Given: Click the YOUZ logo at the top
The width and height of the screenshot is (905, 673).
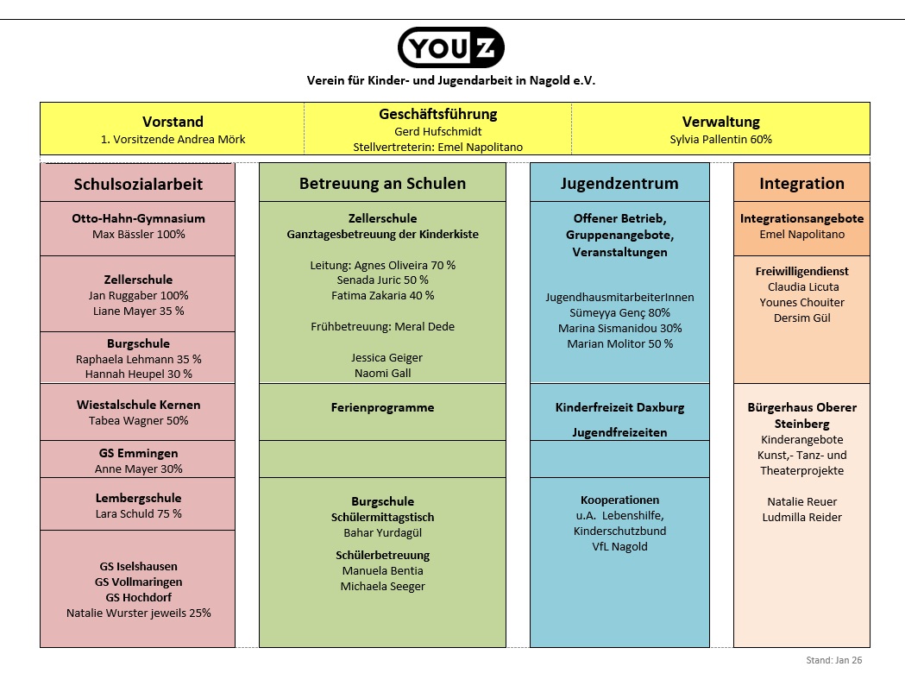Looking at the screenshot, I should click(x=451, y=47).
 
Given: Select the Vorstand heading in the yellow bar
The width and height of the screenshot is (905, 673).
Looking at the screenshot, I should click(x=173, y=122).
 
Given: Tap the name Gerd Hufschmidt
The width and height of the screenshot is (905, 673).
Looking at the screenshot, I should click(x=437, y=131).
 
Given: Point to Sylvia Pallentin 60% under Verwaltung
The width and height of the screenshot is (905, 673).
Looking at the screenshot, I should click(x=720, y=139).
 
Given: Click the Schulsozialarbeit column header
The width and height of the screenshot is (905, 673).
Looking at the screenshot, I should click(x=138, y=184).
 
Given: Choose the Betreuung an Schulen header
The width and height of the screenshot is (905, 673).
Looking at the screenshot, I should click(x=382, y=183).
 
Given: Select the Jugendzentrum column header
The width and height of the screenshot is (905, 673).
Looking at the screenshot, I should click(x=619, y=183).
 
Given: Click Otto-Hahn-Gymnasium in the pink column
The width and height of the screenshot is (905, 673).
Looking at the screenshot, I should click(x=138, y=218).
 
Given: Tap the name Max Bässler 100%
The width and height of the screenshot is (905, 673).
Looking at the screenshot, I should click(x=138, y=234).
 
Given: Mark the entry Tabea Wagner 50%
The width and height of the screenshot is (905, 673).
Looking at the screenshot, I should click(x=138, y=420).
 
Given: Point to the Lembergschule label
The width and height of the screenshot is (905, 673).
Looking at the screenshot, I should click(x=138, y=498).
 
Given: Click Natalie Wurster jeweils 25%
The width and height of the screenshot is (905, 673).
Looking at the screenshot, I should click(x=138, y=613).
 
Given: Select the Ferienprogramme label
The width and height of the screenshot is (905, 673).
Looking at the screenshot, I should click(x=382, y=407).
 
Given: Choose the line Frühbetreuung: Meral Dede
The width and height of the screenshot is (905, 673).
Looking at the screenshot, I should click(x=382, y=326).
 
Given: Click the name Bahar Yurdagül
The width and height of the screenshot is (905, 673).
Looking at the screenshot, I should click(x=382, y=532).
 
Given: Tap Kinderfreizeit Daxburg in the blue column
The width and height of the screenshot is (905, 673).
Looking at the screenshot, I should click(x=619, y=407).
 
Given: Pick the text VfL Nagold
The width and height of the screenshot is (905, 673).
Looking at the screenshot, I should click(x=619, y=546).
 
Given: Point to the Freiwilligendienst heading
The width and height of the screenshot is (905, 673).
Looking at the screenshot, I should click(x=801, y=271).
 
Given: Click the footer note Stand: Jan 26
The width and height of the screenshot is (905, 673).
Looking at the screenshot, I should click(x=833, y=660).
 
